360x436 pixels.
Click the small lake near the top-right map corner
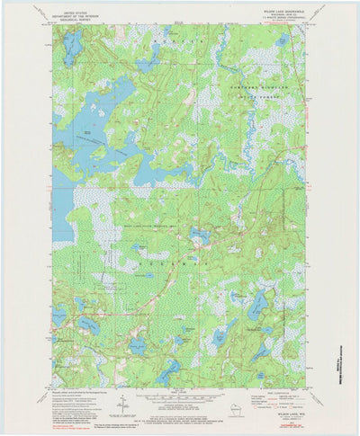(283, 40)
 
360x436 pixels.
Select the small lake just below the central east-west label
(199, 236)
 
